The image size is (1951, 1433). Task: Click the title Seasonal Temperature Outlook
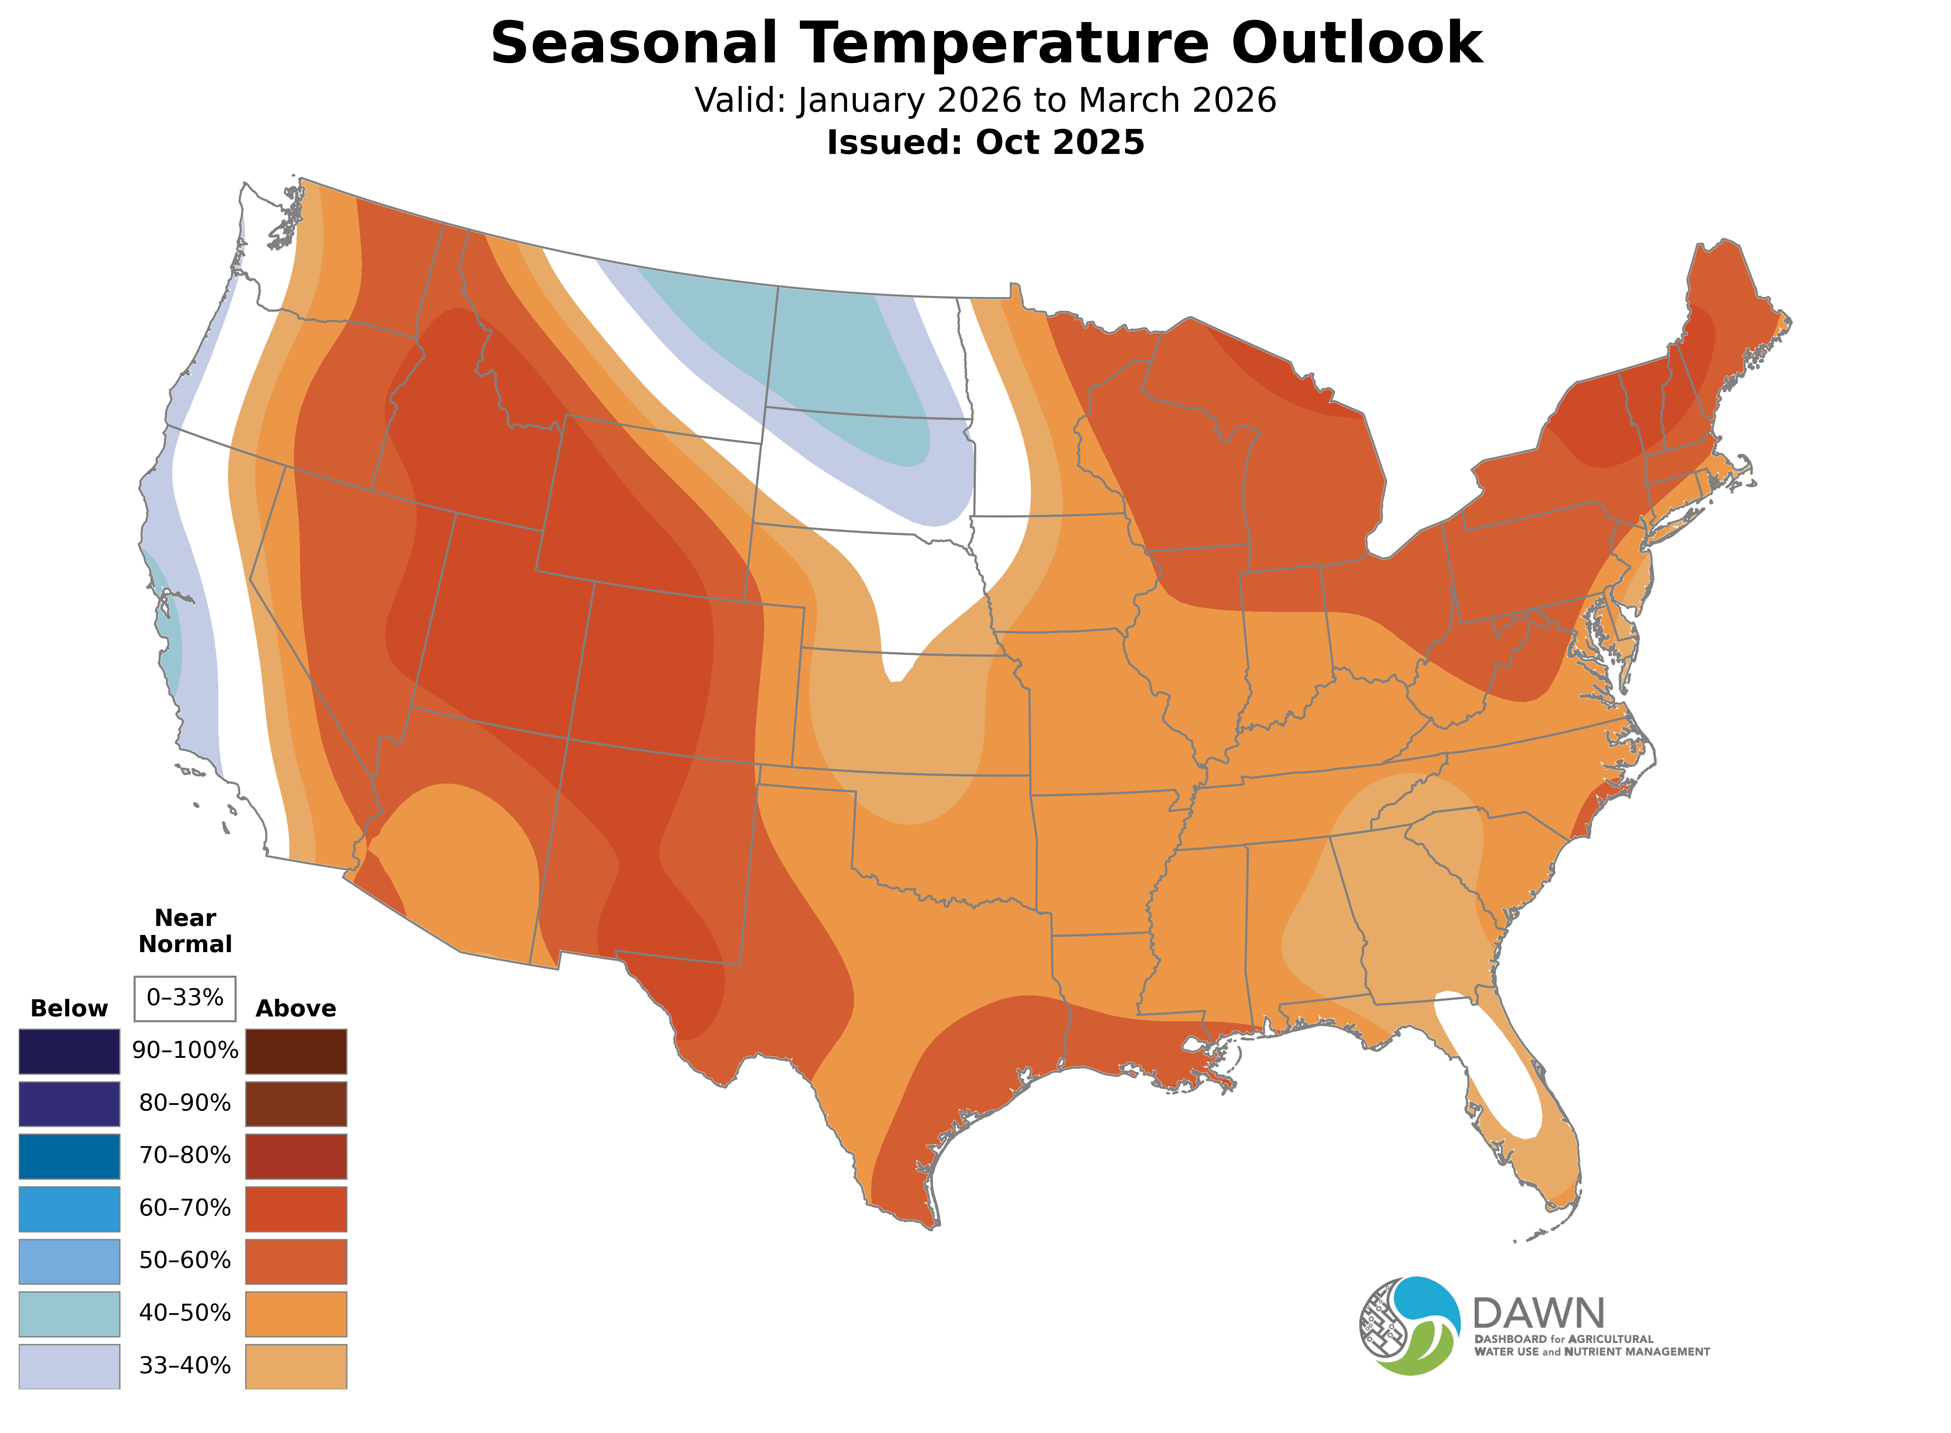point(986,43)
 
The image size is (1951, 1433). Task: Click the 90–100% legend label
point(185,1050)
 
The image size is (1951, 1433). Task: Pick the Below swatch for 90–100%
point(70,1051)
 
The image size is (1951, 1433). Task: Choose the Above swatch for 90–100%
point(296,1051)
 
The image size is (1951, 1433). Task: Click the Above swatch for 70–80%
point(296,1156)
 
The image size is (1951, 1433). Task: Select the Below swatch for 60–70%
point(70,1208)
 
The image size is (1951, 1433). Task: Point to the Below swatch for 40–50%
point(70,1313)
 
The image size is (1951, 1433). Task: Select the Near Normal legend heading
point(185,931)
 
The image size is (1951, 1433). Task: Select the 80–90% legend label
point(185,1103)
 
